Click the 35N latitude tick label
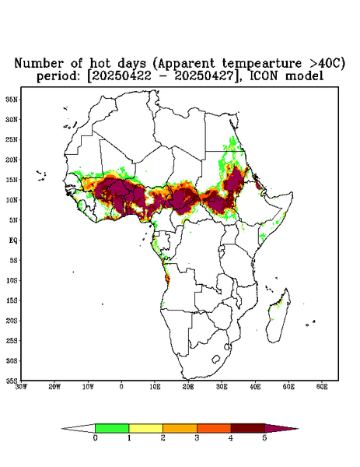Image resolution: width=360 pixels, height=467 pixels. pos(12,100)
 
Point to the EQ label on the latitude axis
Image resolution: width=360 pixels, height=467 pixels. pos(12,241)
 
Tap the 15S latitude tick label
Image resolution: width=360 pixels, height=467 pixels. pos(12,300)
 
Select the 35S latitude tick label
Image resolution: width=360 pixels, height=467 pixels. pos(12,381)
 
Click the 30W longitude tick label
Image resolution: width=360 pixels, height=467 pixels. pos(21,387)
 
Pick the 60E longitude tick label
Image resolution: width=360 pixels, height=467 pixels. pos(322,387)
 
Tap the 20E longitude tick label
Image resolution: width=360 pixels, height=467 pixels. pos(188,387)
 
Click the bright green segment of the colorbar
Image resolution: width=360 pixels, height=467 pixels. pos(112,428)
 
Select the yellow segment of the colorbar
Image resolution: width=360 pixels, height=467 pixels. pos(145,428)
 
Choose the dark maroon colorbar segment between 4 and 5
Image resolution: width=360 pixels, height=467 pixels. pos(248,428)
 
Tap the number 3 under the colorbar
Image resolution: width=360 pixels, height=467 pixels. pos(197,438)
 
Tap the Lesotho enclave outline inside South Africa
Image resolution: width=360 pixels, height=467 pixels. pos(216,359)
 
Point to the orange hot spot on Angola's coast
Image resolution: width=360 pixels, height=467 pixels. pos(168,279)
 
